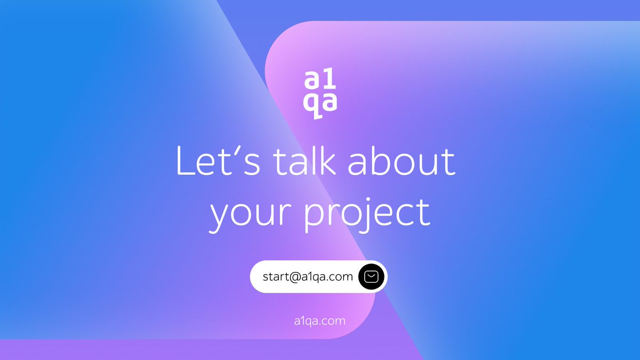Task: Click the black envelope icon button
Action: pos(372,277)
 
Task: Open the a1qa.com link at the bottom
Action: pos(319,321)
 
